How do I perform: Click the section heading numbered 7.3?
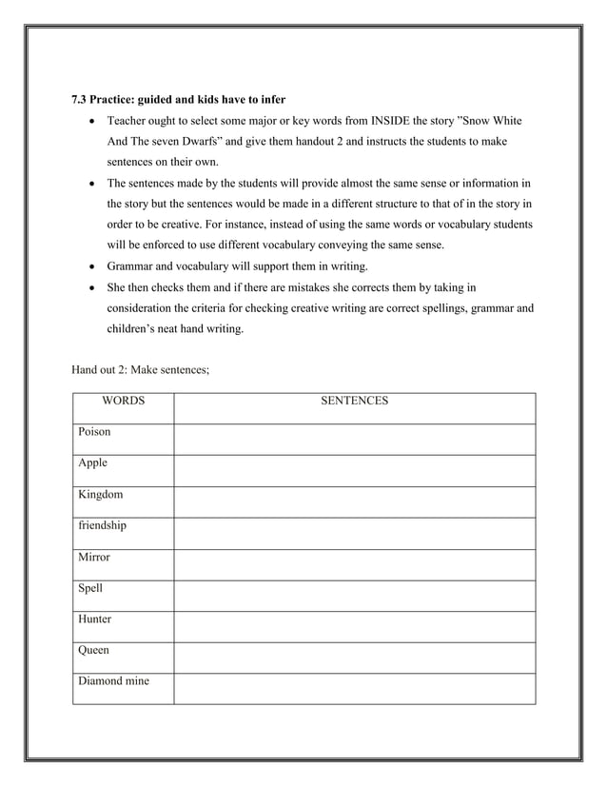tap(179, 99)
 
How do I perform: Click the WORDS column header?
tap(124, 402)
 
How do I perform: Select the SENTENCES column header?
tap(354, 402)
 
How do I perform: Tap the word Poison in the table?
tap(95, 432)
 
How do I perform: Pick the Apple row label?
tap(93, 463)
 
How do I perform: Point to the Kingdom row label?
tap(100, 495)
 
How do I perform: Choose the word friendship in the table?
tap(103, 525)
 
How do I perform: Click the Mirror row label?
tap(95, 557)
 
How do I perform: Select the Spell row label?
tap(91, 588)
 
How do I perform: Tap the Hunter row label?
tap(96, 619)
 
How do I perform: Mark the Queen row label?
tap(94, 651)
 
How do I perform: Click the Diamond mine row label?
tap(114, 681)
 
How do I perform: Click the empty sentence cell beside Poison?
tap(354, 439)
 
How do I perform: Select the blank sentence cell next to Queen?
tap(354, 658)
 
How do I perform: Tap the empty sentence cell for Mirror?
tap(354, 564)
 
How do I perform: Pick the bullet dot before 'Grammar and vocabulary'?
tap(90, 265)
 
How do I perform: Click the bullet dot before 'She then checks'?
tap(90, 286)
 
